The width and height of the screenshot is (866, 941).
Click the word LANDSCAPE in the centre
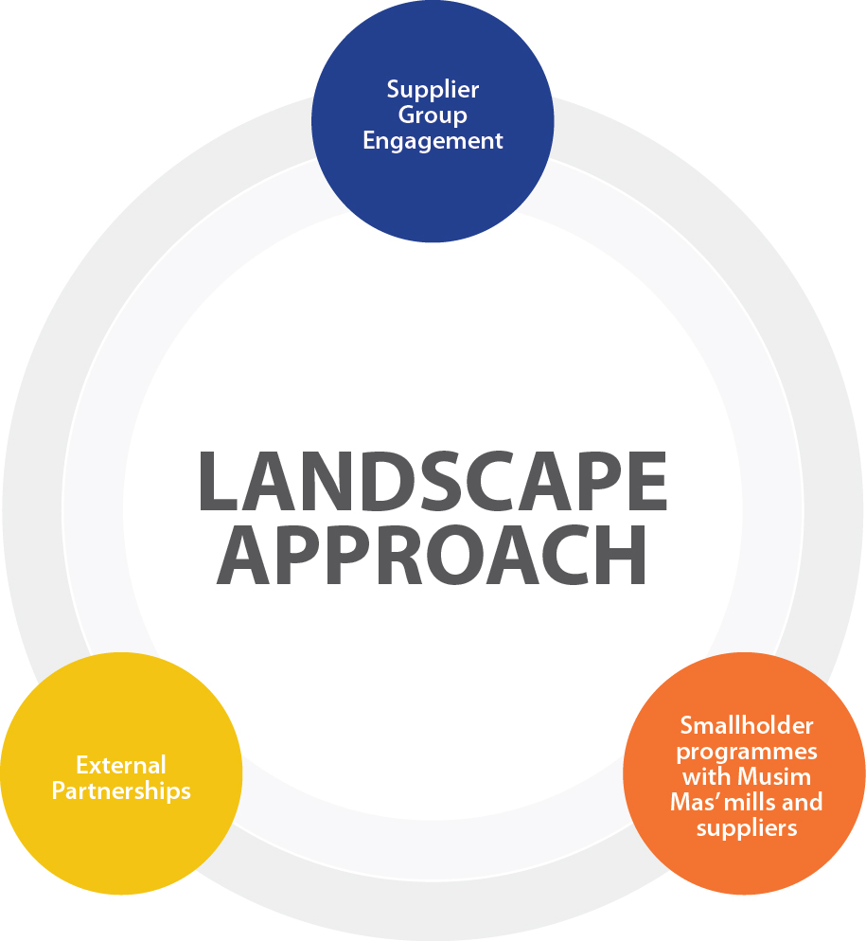coord(433,484)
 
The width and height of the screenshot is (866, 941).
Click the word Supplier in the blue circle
coord(433,90)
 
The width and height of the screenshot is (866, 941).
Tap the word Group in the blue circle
coord(433,115)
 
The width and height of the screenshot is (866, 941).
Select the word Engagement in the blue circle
coord(433,141)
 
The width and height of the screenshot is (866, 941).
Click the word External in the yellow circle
coord(121,764)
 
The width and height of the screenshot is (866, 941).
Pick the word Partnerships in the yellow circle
coord(121,790)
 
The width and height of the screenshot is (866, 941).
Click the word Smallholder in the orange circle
coord(747,726)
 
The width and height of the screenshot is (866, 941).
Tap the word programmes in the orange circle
coord(747,752)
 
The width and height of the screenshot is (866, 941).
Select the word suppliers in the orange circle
coord(747,828)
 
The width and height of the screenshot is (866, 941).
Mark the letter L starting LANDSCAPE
coord(219,484)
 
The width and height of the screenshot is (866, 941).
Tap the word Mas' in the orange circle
coord(693,803)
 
